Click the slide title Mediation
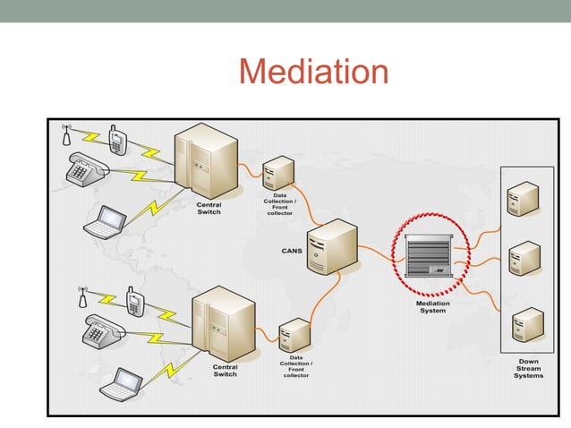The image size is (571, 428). coord(314,72)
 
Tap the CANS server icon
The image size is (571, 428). coord(331,244)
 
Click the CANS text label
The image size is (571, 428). coord(292,251)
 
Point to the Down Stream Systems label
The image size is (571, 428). coord(528,368)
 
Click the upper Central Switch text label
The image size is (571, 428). coord(209,209)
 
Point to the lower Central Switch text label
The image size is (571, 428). coord(225,370)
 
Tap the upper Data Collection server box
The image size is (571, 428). coord(279,172)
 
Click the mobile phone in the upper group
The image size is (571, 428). coord(116,140)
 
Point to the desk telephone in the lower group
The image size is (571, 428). coord(100,332)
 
